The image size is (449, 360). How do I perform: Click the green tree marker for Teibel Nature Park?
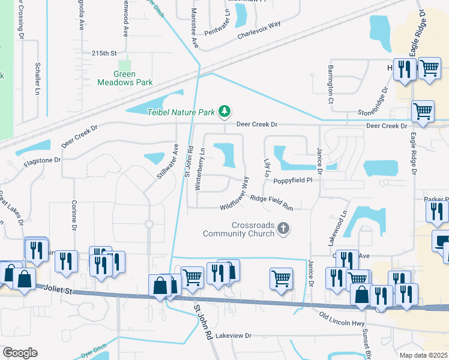click(225, 111)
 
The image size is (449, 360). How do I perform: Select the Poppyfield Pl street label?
click(293, 180)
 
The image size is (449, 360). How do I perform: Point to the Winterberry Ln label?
click(200, 169)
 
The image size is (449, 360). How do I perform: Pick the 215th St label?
click(104, 53)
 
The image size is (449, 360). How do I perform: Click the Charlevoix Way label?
click(259, 25)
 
